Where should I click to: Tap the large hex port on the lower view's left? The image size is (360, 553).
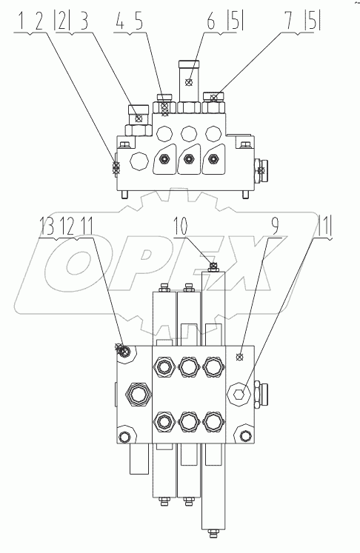click(x=136, y=393)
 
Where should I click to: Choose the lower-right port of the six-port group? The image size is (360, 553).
click(x=213, y=421)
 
